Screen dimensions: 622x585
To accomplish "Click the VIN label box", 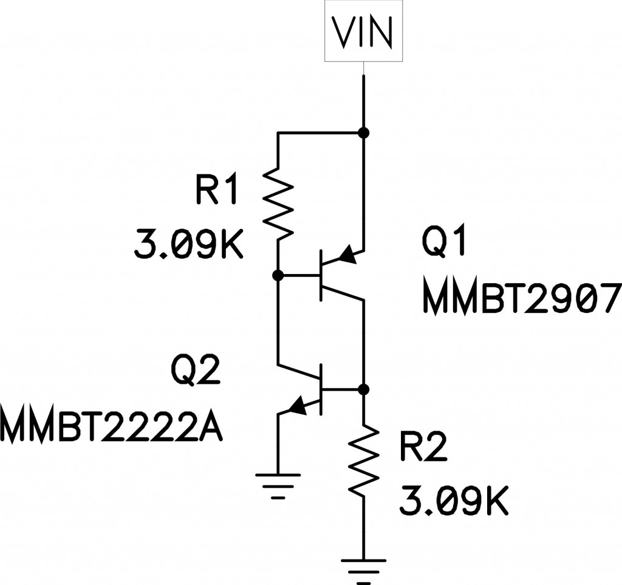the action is [364, 31].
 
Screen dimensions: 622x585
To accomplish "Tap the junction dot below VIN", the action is [363, 132].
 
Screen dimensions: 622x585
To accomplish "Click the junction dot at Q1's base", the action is [278, 275].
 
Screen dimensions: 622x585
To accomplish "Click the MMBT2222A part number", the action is [111, 428].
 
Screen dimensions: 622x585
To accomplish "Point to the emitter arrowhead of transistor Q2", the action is [297, 406].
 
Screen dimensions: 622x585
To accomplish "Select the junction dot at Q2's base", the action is [363, 389].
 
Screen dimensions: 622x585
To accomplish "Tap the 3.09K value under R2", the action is [453, 501].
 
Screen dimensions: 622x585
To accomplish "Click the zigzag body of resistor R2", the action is [363, 460].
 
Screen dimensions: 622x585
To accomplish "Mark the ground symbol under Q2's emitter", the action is [278, 486].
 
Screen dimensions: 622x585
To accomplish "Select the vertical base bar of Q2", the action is [321, 389].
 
